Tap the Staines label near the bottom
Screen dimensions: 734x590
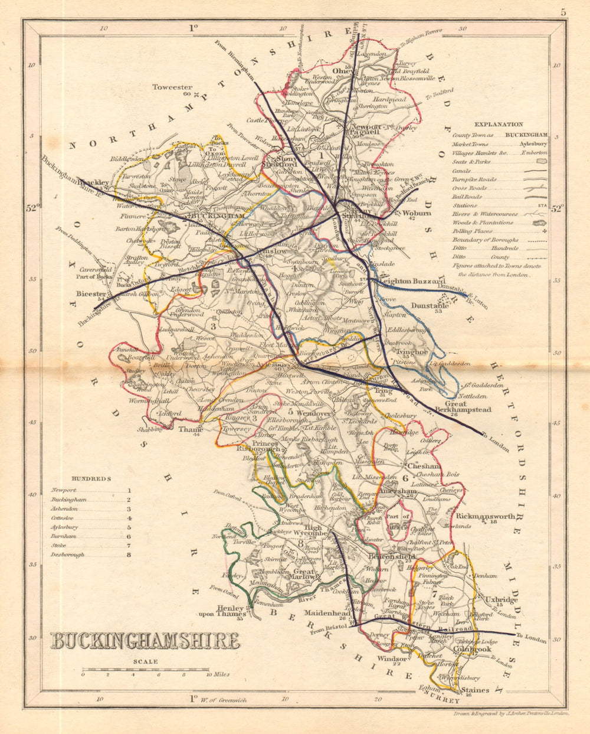coord(475,690)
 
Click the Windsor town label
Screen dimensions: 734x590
coord(392,658)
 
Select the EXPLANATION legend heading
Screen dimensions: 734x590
coord(499,125)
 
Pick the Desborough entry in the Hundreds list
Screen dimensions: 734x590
coord(67,554)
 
